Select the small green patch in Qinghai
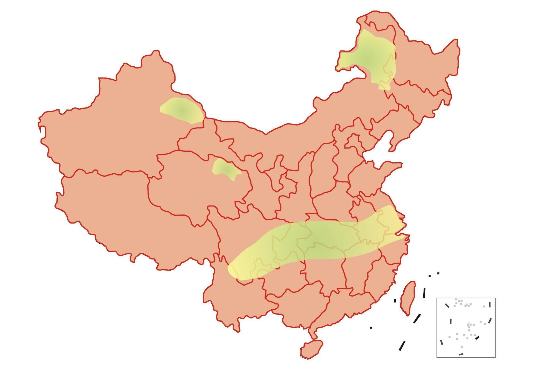[225, 169]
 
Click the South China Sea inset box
[466, 327]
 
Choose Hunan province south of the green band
[324, 275]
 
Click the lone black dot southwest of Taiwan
[371, 327]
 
